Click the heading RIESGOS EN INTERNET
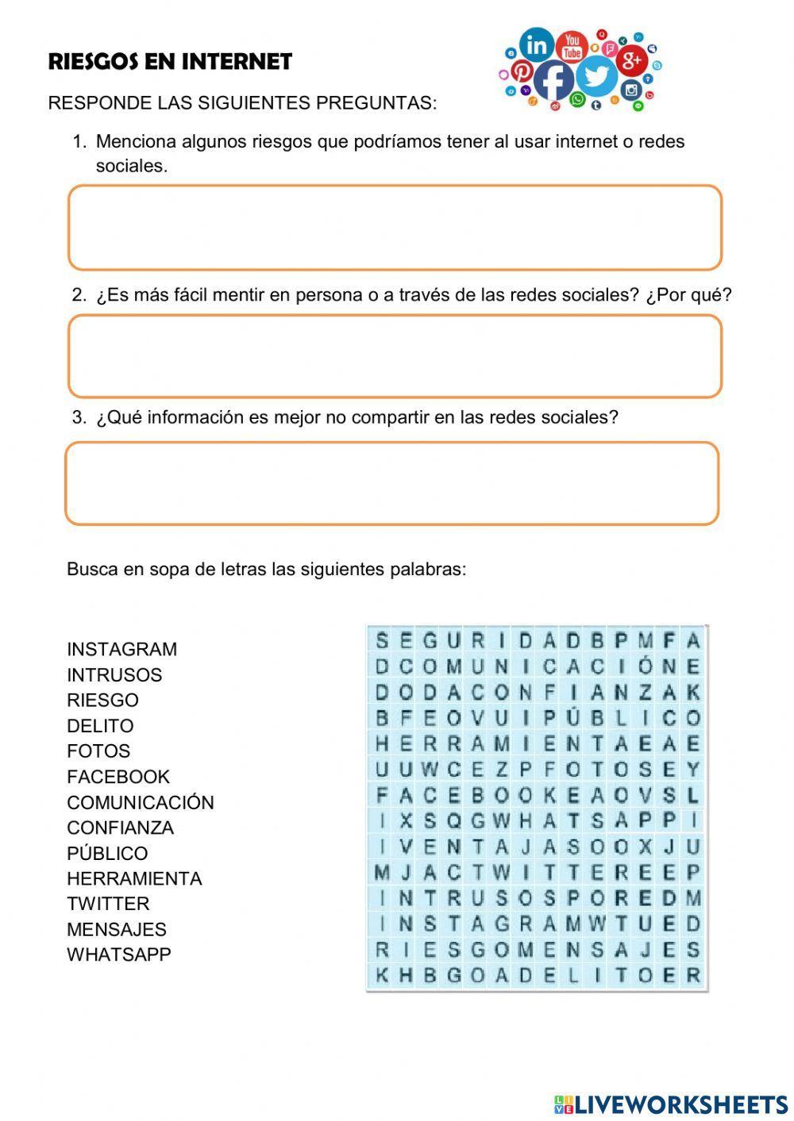pos(170,62)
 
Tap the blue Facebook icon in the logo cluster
pos(553,80)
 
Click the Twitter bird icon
pos(597,76)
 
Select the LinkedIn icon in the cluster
pos(537,44)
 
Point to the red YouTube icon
pos(572,46)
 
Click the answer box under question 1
pos(395,228)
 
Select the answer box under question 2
pos(395,356)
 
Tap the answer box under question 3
pos(392,484)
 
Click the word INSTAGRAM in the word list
pos(121,649)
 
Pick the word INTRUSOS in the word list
pos(114,675)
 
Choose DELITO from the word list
pos(100,726)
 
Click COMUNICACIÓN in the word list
pos(141,802)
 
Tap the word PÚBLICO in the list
pos(107,854)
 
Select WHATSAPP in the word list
pos(119,954)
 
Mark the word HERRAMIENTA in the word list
pos(134,878)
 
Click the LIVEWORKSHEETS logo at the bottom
pos(671,1104)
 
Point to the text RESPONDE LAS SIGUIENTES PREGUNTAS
pos(242,103)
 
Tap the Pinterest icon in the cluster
pos(521,71)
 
